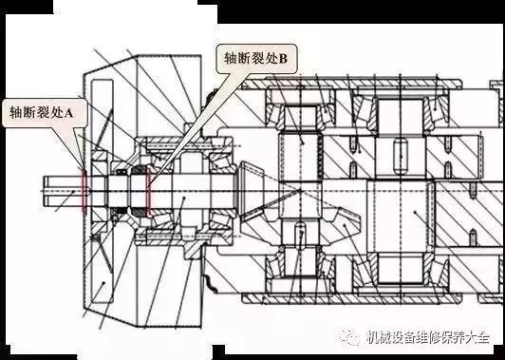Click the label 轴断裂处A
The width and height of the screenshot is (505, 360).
coord(46,111)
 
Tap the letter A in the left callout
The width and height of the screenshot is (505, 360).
coord(80,111)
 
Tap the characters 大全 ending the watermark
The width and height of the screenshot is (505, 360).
coord(491,336)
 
